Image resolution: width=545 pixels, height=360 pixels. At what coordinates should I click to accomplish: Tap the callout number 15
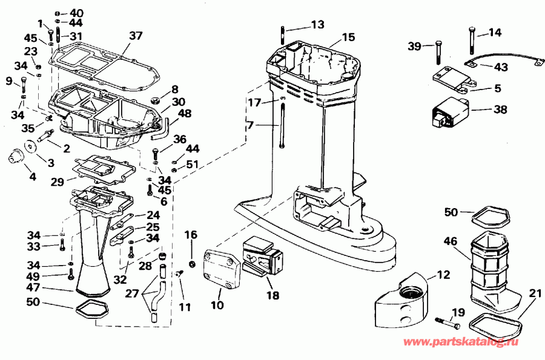coord(348,37)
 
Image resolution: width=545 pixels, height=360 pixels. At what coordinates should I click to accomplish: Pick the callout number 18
coord(272,296)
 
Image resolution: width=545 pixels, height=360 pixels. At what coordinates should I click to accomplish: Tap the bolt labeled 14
coord(471,40)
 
